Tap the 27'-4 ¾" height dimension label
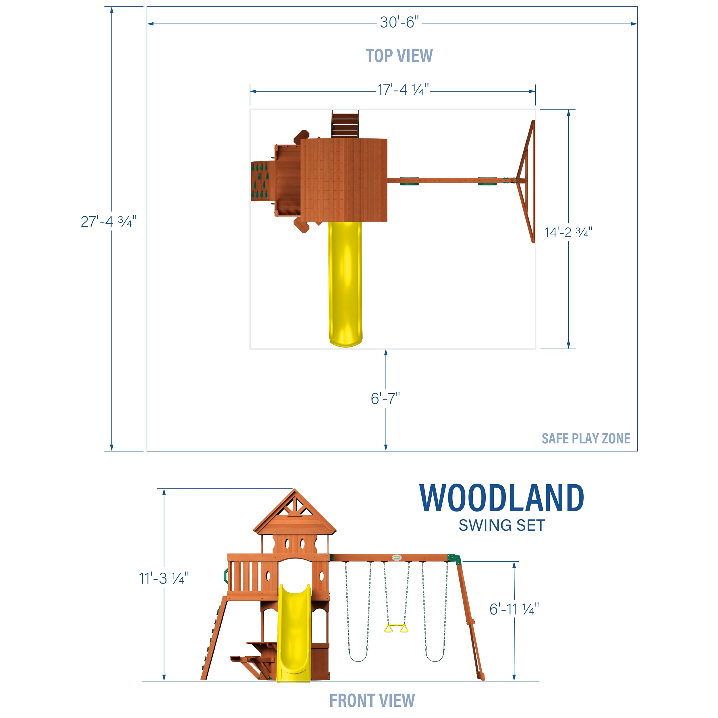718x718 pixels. tap(109, 222)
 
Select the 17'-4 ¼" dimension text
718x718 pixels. tap(403, 90)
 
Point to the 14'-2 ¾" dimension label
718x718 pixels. tap(568, 233)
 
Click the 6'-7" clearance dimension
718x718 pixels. tap(385, 399)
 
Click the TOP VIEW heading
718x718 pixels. tap(399, 56)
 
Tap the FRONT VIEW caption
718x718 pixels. tap(372, 700)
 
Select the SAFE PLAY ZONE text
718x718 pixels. tap(586, 439)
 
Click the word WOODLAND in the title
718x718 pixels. tap(501, 499)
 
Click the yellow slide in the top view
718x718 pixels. tap(345, 282)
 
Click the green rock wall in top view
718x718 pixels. tap(260, 181)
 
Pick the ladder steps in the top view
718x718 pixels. tap(345, 124)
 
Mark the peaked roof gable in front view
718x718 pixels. tap(295, 511)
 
